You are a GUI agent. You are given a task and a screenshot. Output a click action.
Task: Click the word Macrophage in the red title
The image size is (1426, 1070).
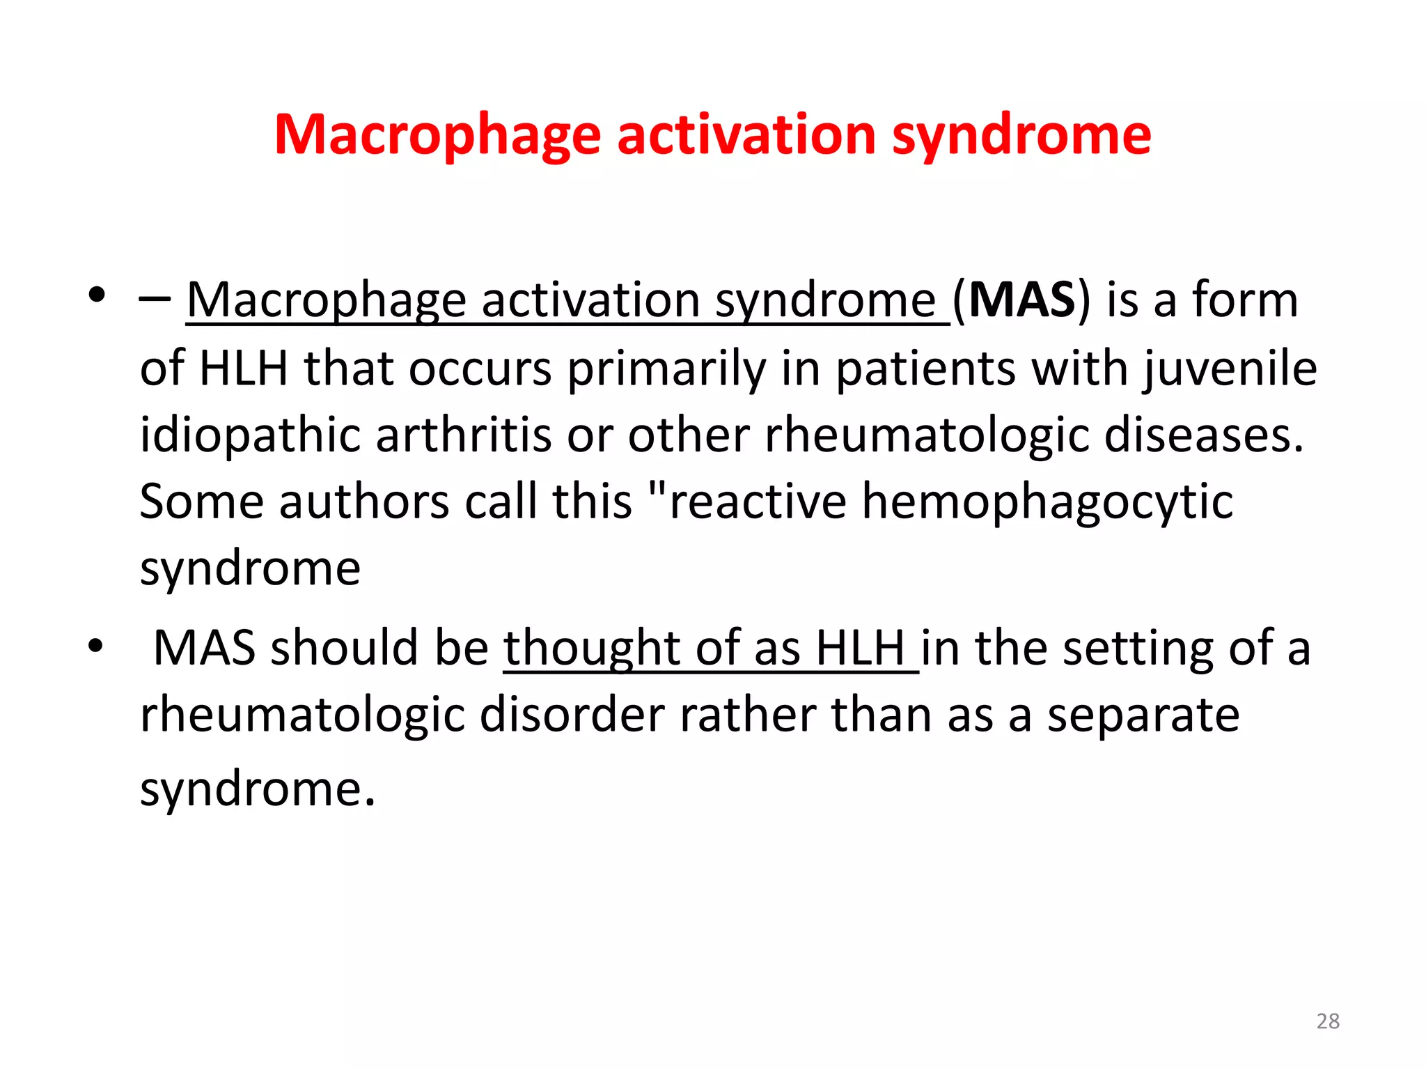point(437,135)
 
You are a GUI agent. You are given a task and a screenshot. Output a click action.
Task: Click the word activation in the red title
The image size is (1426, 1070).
point(746,134)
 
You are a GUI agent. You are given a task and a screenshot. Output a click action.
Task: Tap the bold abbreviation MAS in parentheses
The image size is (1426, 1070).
point(1022,300)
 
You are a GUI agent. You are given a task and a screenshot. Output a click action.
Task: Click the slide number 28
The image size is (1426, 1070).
point(1328,1021)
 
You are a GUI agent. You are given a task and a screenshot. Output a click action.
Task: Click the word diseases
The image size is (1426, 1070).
point(1204,434)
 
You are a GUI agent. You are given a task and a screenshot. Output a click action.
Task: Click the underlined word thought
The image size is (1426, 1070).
point(591,649)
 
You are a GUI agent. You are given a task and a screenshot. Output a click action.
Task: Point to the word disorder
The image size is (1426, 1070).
point(572,715)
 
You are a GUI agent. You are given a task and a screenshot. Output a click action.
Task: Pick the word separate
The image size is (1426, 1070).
point(1143,715)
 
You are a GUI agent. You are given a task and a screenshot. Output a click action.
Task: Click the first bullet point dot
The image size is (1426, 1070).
point(97,295)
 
